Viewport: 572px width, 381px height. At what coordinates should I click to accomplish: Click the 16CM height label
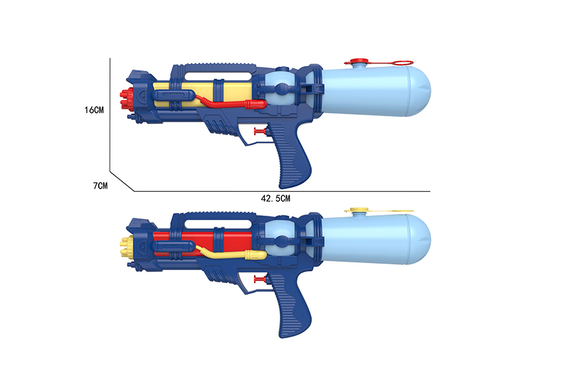pos(94,110)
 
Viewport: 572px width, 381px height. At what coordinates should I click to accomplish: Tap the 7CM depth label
pos(100,186)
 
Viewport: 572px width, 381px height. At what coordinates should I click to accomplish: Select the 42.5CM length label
pos(275,199)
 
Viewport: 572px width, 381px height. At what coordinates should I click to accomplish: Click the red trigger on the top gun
pos(259,131)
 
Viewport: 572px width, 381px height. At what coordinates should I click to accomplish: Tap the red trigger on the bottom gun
pos(259,280)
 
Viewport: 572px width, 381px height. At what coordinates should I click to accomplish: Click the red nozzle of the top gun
pos(126,99)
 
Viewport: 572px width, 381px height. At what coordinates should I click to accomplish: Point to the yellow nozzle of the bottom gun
pos(126,248)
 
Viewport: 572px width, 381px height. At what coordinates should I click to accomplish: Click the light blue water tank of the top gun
pos(376,91)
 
